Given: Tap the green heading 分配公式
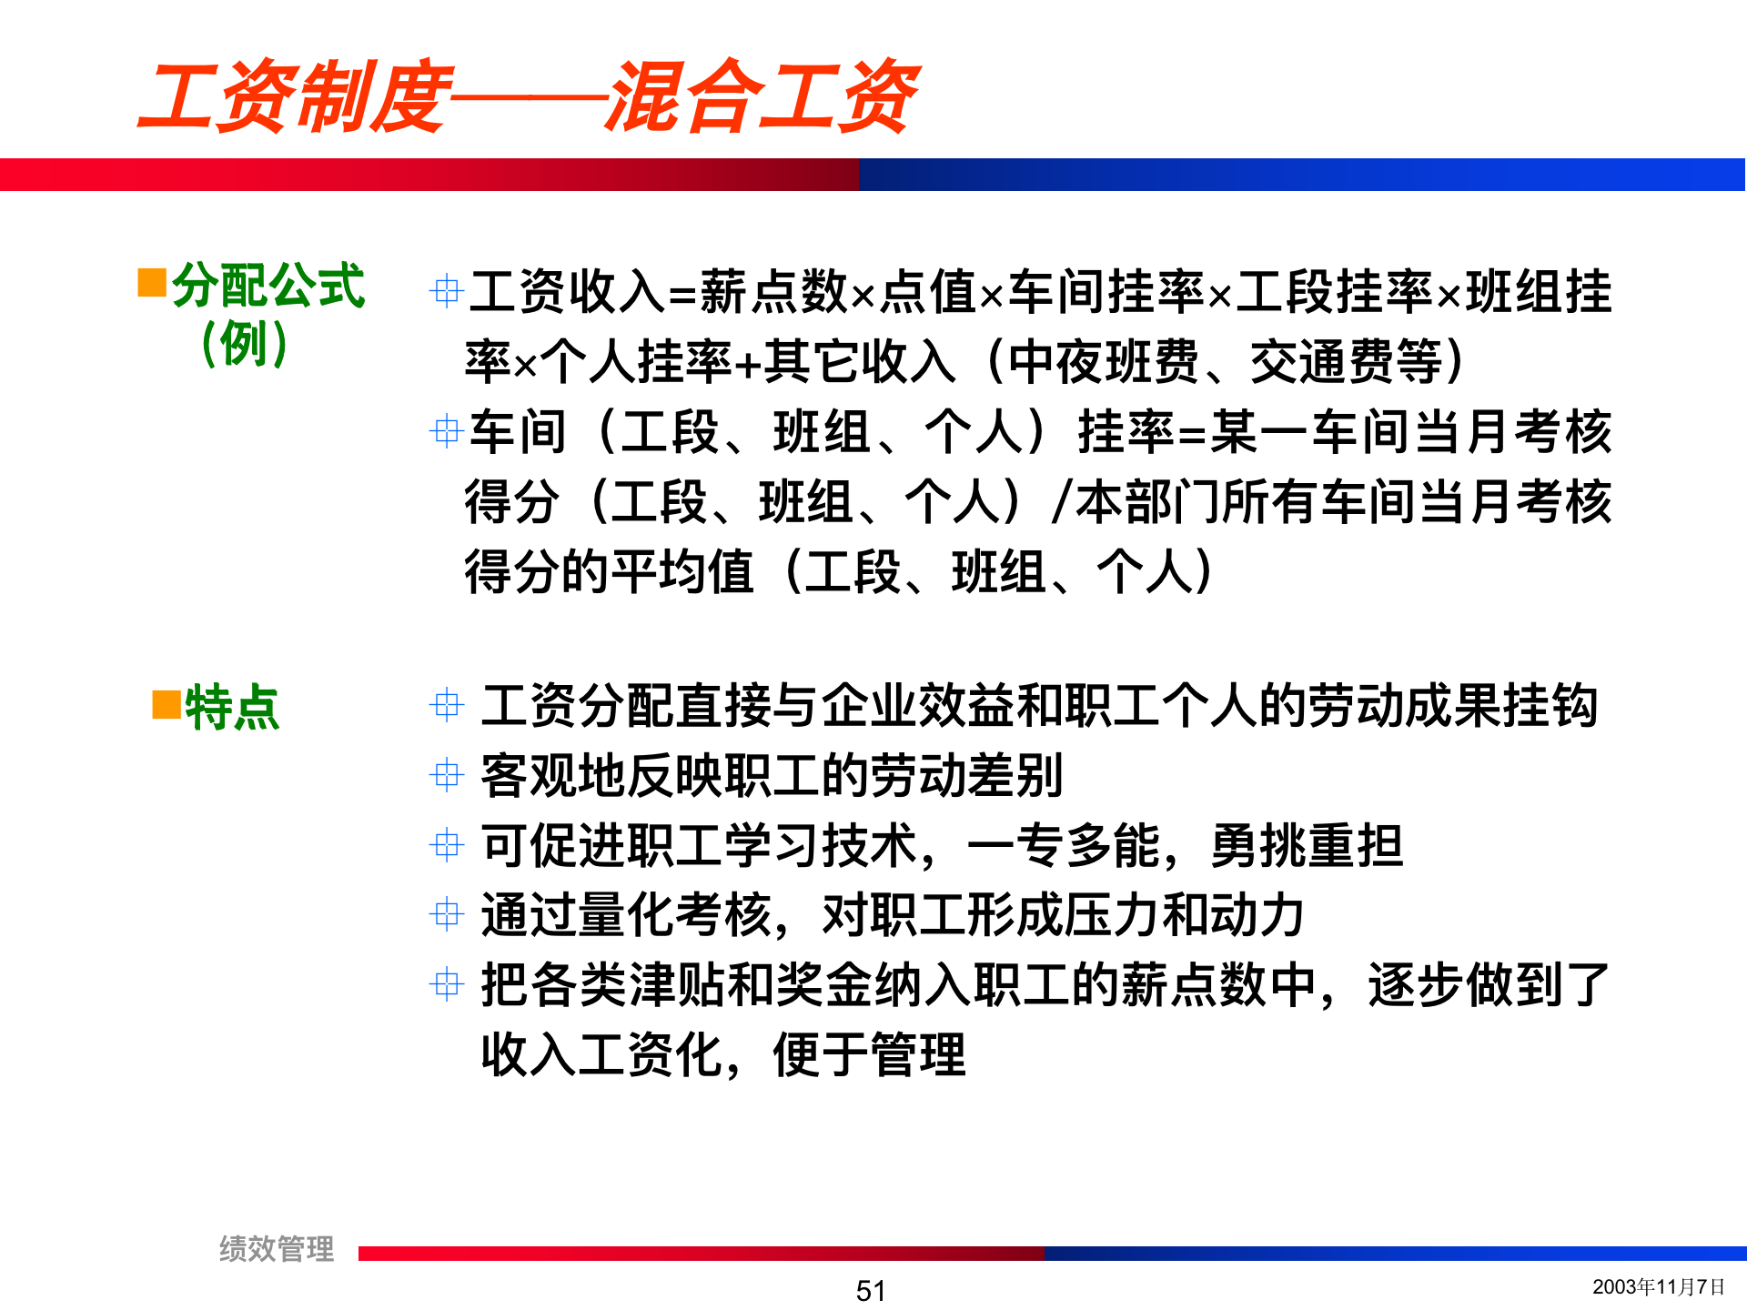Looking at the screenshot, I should pyautogui.click(x=268, y=286).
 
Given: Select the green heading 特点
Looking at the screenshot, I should pyautogui.click(x=232, y=708).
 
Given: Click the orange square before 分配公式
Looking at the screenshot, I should pyautogui.click(x=151, y=282).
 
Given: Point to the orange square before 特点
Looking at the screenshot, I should pyautogui.click(x=167, y=704).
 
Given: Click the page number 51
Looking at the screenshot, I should pyautogui.click(x=871, y=1290).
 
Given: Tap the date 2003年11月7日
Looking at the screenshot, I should pyautogui.click(x=1658, y=1286).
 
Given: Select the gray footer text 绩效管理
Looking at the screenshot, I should pyautogui.click(x=277, y=1249).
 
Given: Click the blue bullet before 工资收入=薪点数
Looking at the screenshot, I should pyautogui.click(x=446, y=291).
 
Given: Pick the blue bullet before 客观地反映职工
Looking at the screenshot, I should pyautogui.click(x=446, y=775).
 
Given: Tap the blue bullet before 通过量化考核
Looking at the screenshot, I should pyautogui.click(x=446, y=914).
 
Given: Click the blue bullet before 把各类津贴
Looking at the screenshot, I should pyautogui.click(x=446, y=983).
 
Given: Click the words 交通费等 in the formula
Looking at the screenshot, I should pyautogui.click(x=1346, y=361).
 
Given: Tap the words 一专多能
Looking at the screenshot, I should pyautogui.click(x=1064, y=845).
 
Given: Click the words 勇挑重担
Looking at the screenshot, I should pyautogui.click(x=1307, y=845).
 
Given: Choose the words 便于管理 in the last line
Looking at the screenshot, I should pyautogui.click(x=869, y=1054).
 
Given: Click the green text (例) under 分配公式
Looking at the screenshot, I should pyautogui.click(x=244, y=344).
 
